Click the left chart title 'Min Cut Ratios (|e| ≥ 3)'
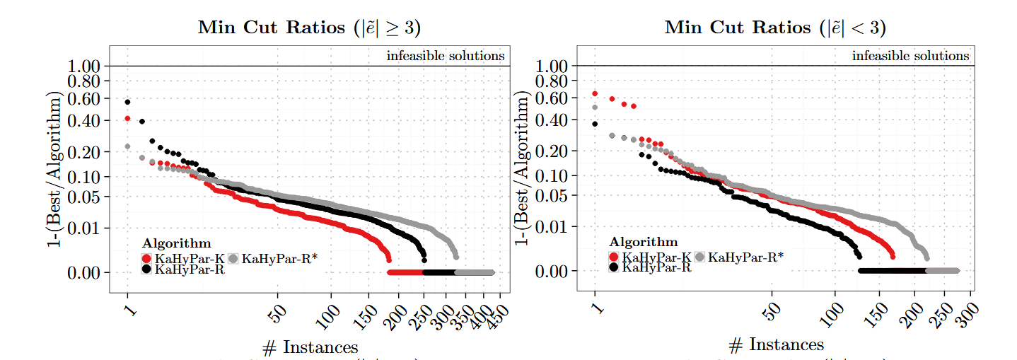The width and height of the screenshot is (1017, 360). coord(309,28)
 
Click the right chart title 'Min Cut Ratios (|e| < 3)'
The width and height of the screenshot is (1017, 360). coord(775,28)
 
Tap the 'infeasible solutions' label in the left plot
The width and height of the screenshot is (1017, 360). coord(446,55)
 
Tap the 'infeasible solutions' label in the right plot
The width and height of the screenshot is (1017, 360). coord(911,55)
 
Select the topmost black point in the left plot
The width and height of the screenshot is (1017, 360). coord(127,102)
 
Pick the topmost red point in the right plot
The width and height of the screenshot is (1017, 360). coord(595,93)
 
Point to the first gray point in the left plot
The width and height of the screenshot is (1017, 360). coord(127,146)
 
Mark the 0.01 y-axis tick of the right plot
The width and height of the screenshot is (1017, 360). coord(552,226)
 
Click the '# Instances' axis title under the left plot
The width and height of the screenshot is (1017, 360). coord(309,347)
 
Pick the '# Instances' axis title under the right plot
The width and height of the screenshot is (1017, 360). coord(776,344)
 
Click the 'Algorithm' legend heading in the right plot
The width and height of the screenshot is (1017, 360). coord(643,242)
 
